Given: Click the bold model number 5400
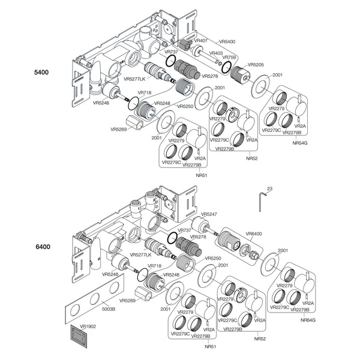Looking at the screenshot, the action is pyautogui.click(x=41, y=73).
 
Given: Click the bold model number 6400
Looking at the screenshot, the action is pyautogui.click(x=43, y=247).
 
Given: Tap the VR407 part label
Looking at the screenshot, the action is pyautogui.click(x=201, y=41).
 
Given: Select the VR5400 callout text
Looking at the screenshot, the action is pyautogui.click(x=227, y=42).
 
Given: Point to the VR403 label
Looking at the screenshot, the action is pyautogui.click(x=216, y=53).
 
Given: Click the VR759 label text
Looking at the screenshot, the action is pyautogui.click(x=229, y=58).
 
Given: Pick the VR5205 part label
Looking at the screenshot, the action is pyautogui.click(x=256, y=65).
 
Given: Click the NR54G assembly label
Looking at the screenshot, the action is pyautogui.click(x=300, y=143).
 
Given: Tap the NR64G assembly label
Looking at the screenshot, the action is pyautogui.click(x=308, y=320).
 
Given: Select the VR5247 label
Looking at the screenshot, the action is pyautogui.click(x=209, y=214).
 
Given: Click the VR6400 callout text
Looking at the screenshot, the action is pyautogui.click(x=254, y=234).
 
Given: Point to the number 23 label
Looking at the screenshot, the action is pyautogui.click(x=270, y=189).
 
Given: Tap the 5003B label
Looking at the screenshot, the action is pyautogui.click(x=109, y=309).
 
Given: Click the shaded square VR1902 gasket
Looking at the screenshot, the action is pyautogui.click(x=79, y=336).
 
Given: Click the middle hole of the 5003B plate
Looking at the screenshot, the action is pyautogui.click(x=95, y=299).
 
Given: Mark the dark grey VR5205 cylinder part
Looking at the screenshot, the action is pyautogui.click(x=241, y=74).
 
